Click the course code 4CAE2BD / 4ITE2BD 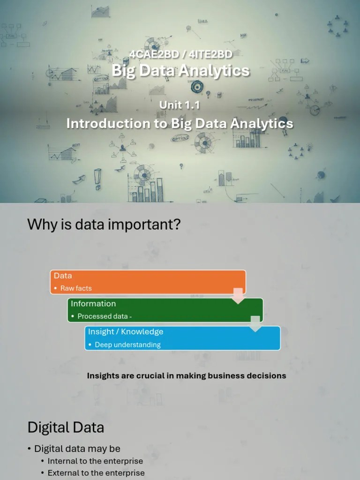180,54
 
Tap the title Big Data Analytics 180,71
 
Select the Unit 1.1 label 180,105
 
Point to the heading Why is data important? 104,225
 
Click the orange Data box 148,282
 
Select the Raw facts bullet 76,288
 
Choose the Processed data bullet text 105,316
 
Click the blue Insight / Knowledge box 182,338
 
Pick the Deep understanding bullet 127,345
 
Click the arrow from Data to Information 239,295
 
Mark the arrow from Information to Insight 255,323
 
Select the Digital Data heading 66,427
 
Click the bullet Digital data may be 77,449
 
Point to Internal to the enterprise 95,461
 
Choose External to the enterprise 96,473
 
